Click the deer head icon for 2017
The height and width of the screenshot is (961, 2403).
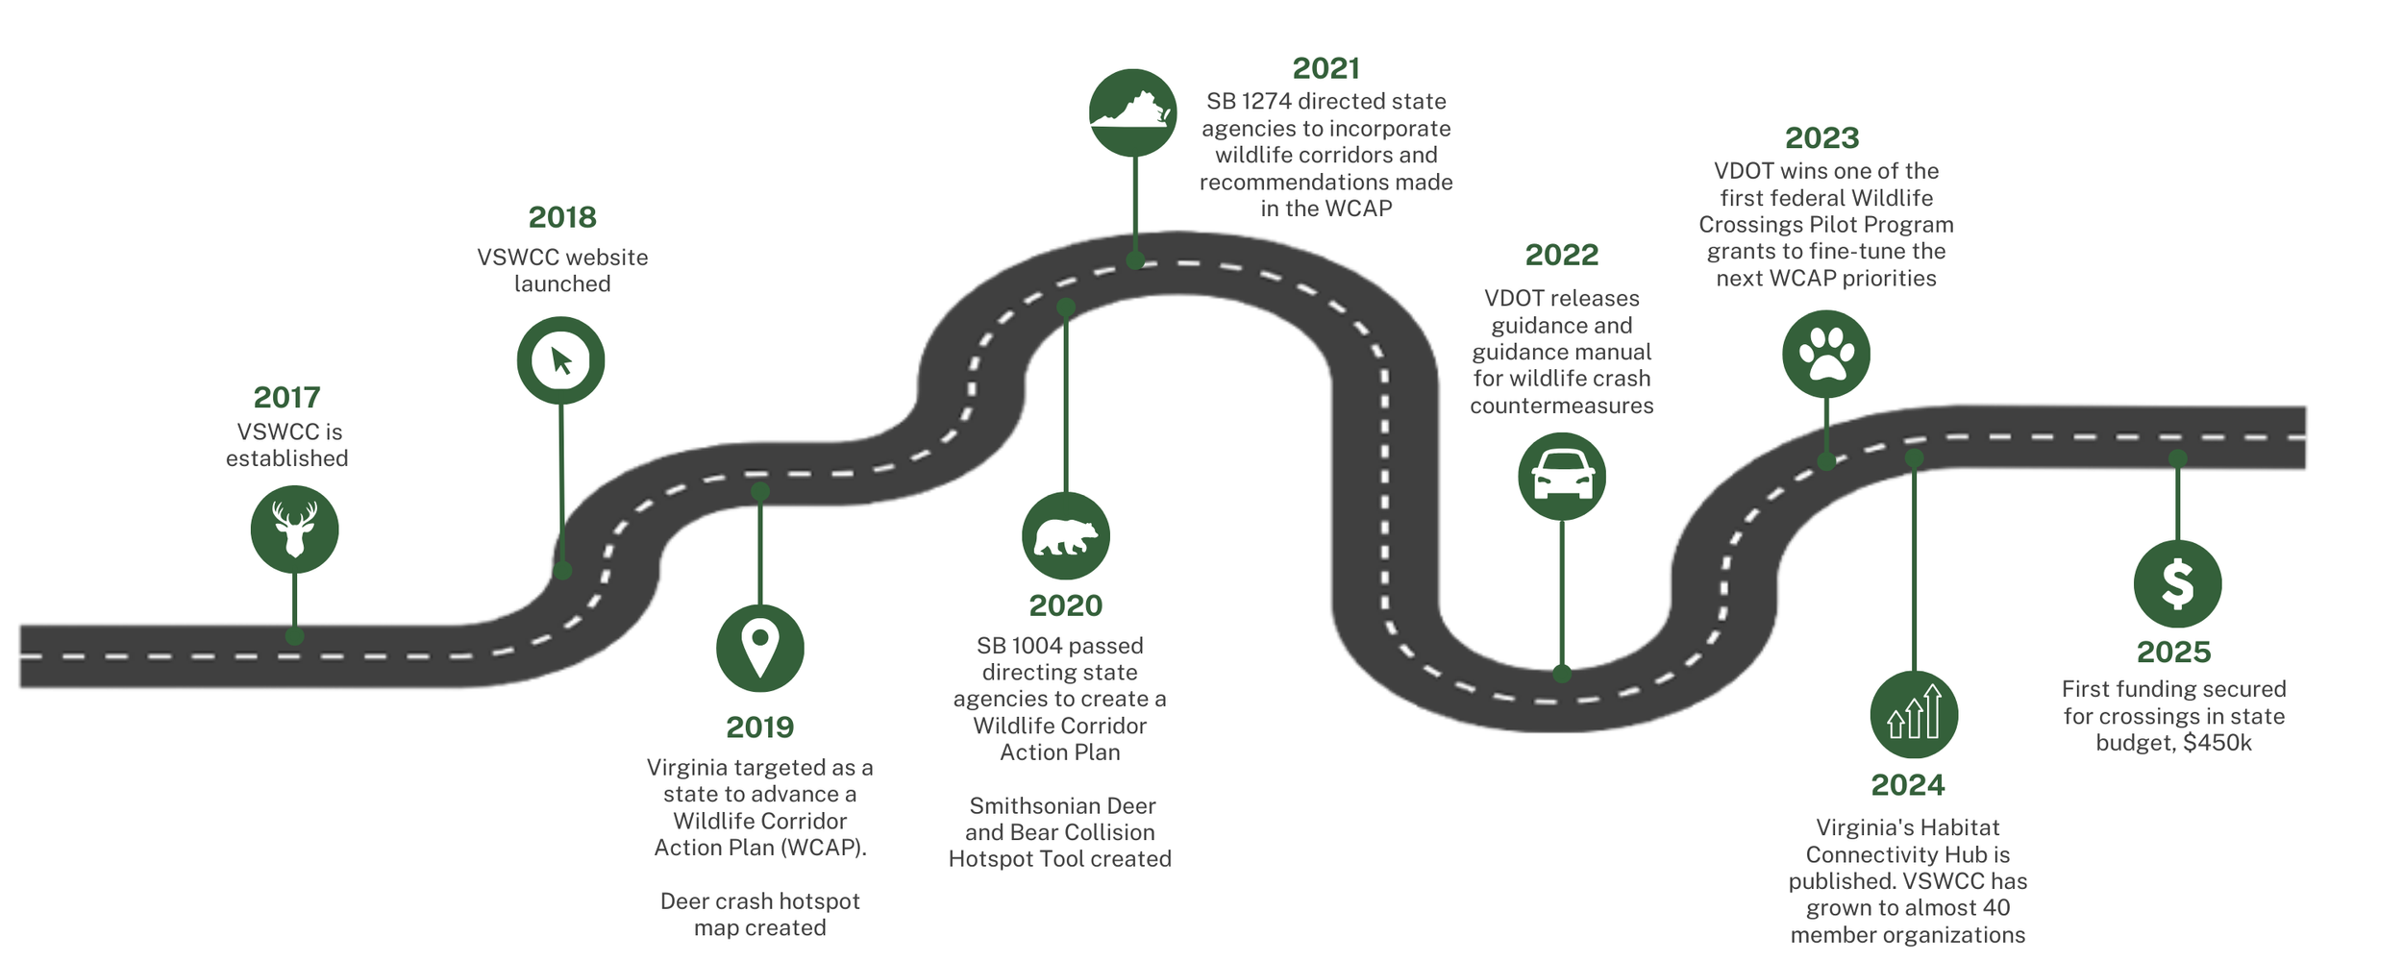pos(294,530)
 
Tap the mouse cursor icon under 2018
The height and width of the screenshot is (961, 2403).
pos(560,360)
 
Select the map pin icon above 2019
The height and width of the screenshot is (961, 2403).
pos(759,648)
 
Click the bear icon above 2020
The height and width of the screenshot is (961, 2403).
pos(1065,536)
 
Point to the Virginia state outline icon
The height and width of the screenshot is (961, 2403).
pos(1132,112)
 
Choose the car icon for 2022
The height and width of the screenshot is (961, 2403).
pos(1561,476)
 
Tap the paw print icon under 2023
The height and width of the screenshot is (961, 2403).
pos(1825,354)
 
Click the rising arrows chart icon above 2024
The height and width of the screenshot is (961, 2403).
pos(1913,714)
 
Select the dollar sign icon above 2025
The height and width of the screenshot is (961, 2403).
pos(2177,583)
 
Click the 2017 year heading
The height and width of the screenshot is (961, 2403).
pos(286,397)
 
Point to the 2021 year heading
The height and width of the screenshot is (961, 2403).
pos(1325,68)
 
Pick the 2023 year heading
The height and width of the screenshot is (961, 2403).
pos(1821,137)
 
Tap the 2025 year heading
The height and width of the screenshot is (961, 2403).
pos(2173,652)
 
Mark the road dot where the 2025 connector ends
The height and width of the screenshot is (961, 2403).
pos(2178,459)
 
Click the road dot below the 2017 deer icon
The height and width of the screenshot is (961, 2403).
pos(294,636)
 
